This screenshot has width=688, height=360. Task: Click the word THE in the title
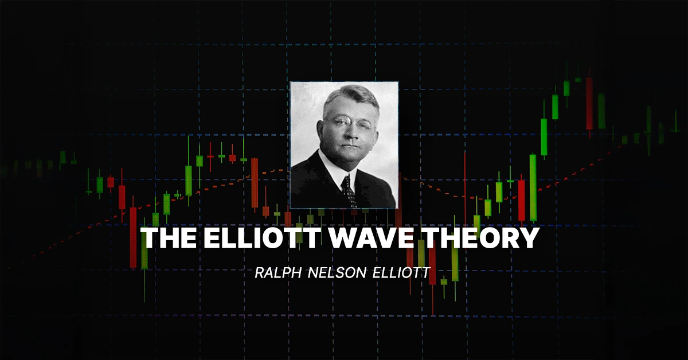166,238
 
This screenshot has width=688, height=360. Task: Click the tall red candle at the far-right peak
589,103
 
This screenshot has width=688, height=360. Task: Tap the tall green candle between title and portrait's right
533,187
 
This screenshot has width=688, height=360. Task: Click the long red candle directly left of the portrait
255,182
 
